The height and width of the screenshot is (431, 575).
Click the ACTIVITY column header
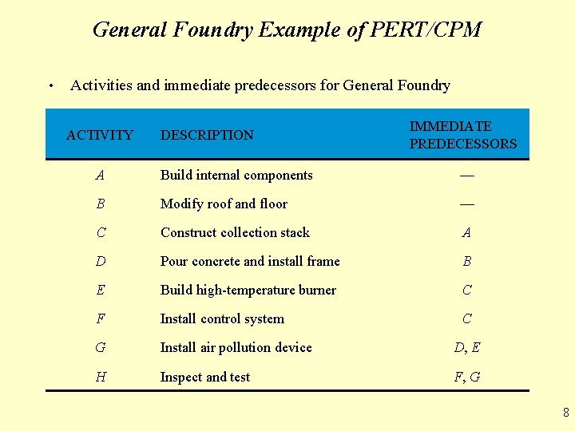click(x=100, y=136)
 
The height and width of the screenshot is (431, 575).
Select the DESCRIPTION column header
click(x=207, y=136)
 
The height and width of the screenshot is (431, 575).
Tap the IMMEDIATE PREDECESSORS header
click(x=463, y=136)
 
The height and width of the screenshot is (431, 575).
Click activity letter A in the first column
click(x=100, y=176)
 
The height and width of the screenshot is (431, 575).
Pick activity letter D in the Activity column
click(x=100, y=262)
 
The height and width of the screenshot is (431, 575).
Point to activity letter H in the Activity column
click(x=100, y=378)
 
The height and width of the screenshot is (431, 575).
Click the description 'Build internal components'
click(x=236, y=176)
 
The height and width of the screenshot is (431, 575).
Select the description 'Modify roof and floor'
click(x=224, y=204)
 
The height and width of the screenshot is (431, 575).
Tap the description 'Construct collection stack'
click(x=235, y=233)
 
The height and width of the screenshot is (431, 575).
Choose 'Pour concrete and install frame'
click(x=250, y=262)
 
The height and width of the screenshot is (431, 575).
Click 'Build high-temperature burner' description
click(x=248, y=291)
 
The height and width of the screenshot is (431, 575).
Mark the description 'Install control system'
click(x=222, y=319)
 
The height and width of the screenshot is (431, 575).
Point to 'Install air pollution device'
click(x=236, y=348)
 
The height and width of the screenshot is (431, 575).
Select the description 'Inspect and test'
click(x=205, y=378)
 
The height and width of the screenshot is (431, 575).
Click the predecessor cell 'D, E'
click(x=467, y=348)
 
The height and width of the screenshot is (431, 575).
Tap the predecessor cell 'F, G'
click(x=467, y=378)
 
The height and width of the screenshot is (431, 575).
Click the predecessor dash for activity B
click(x=467, y=204)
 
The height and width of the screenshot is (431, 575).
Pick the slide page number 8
click(x=565, y=413)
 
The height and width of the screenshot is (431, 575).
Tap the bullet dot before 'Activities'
click(x=50, y=86)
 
